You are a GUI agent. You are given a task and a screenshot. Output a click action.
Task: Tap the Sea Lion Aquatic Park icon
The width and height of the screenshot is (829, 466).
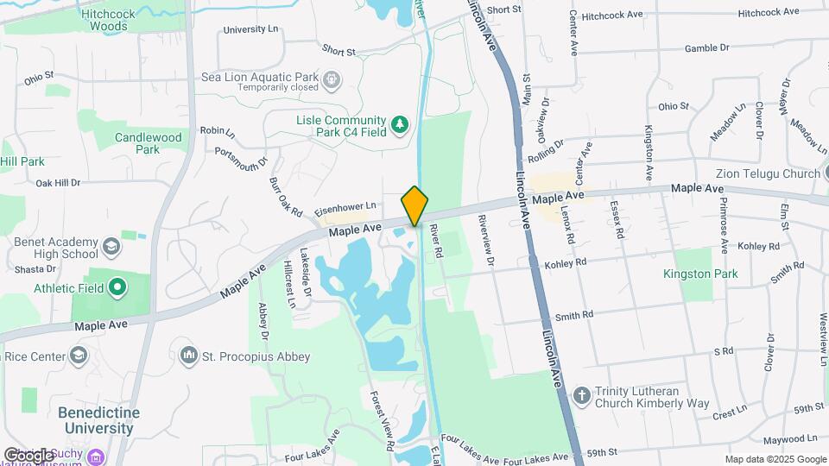tap(331, 81)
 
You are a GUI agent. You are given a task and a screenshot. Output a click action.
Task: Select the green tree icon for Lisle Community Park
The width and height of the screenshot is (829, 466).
tap(399, 126)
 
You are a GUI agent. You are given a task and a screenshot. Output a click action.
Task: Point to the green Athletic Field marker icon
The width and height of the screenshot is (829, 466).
tap(117, 287)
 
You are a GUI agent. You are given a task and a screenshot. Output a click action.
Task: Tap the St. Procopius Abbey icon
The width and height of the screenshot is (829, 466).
tap(189, 356)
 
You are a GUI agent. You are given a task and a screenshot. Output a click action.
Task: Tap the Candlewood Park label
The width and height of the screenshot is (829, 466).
tap(149, 143)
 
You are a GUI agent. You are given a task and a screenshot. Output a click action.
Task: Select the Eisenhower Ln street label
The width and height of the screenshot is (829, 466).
tap(345, 207)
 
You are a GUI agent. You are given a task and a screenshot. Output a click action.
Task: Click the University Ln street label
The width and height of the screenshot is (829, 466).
tap(251, 29)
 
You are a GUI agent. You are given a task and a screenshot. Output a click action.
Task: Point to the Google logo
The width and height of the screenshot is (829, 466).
tap(28, 455)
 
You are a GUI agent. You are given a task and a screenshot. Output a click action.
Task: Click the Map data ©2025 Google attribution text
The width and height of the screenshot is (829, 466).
tap(775, 459)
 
